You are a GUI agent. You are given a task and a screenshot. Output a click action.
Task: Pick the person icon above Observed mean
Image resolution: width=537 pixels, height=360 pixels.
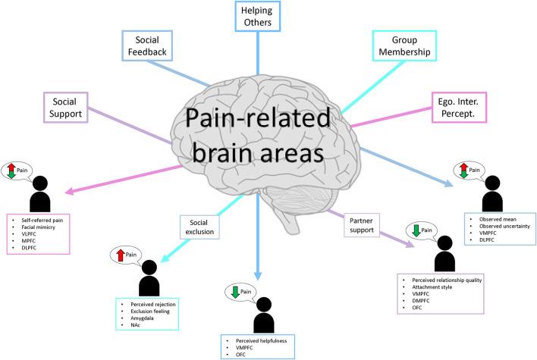494,193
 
